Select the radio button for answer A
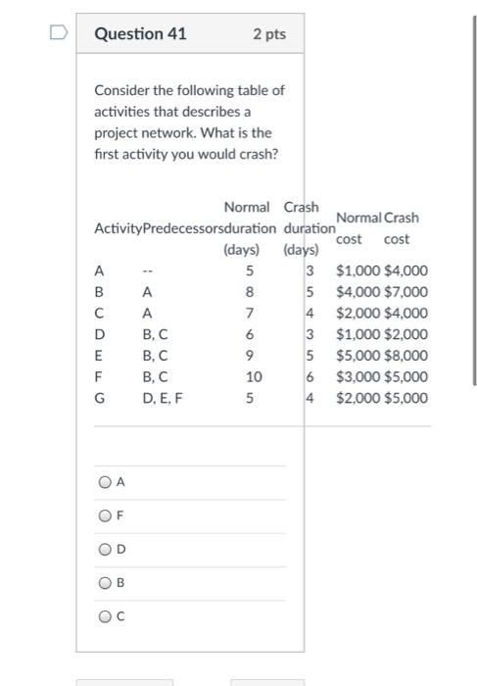click(x=105, y=482)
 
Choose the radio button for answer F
click(x=105, y=516)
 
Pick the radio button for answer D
click(x=105, y=550)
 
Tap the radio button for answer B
click(x=105, y=583)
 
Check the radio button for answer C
click(x=105, y=616)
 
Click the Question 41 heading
click(x=140, y=34)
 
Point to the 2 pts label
click(x=268, y=34)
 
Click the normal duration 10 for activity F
click(x=254, y=376)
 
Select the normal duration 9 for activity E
click(x=250, y=356)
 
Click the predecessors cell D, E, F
click(x=162, y=398)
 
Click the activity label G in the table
click(x=99, y=398)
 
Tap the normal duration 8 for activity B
click(x=250, y=292)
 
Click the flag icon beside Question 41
click(x=58, y=34)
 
